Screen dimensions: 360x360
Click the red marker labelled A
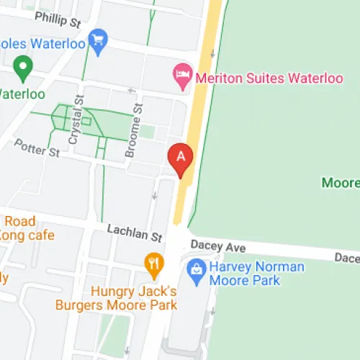click(180, 157)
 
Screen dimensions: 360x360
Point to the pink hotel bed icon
click(181, 73)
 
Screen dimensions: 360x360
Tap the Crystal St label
click(74, 122)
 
